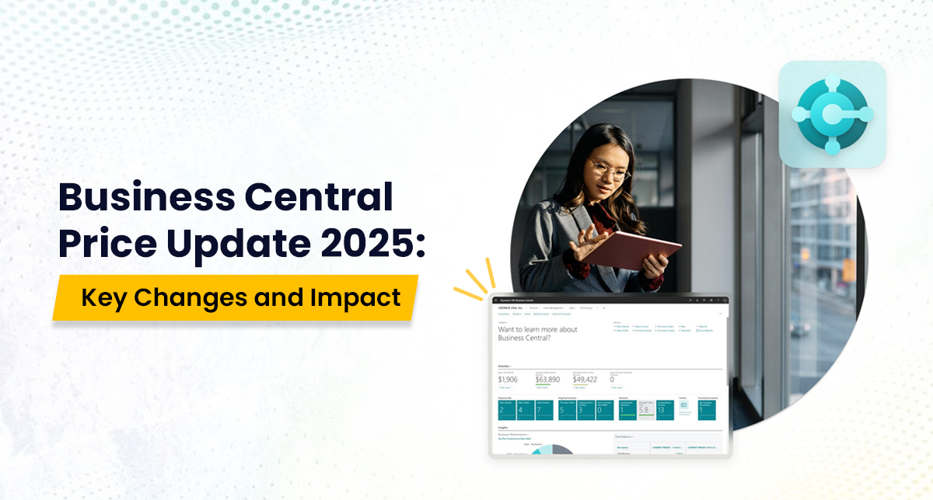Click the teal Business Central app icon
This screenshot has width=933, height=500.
(x=832, y=114)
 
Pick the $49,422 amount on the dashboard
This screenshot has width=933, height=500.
(x=585, y=379)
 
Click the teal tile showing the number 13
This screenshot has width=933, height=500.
(x=665, y=410)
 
